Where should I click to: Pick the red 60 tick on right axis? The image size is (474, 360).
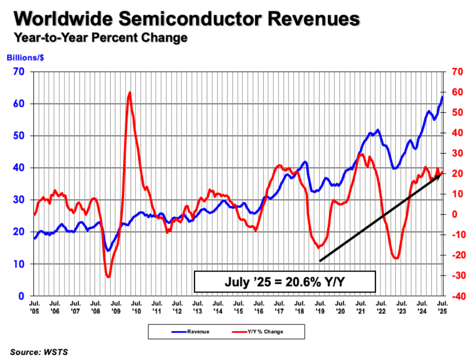(x=455, y=92)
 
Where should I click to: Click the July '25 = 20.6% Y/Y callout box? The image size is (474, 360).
(x=285, y=282)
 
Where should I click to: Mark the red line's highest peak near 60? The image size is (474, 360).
(x=130, y=93)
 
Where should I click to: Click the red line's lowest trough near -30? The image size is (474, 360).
(x=108, y=277)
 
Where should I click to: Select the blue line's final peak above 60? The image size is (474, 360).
(x=442, y=97)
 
